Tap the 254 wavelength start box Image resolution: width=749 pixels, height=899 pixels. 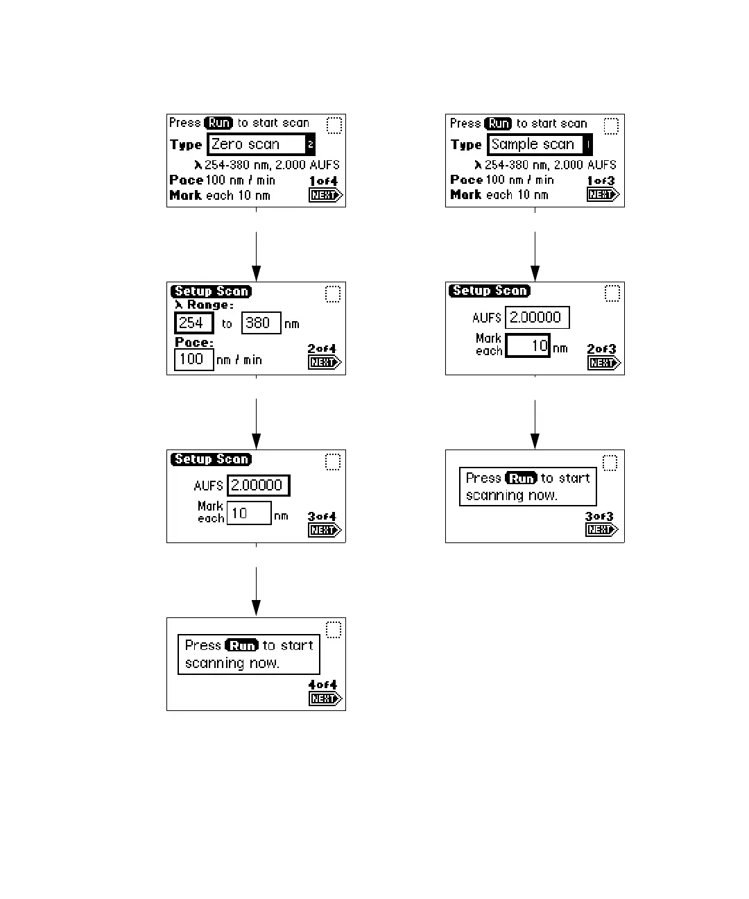click(193, 323)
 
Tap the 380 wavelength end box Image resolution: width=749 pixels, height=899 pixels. click(261, 323)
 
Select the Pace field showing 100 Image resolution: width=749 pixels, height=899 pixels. click(193, 359)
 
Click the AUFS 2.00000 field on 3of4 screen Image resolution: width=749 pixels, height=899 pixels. click(258, 486)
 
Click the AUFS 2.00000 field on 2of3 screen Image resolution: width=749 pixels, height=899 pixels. click(537, 318)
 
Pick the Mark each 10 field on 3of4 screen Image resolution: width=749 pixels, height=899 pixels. click(248, 513)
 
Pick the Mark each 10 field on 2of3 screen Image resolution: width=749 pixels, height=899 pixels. click(527, 345)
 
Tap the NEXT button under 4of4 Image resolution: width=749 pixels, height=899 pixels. click(325, 699)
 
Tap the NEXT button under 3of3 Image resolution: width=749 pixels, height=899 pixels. click(601, 530)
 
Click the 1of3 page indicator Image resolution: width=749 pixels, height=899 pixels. click(601, 181)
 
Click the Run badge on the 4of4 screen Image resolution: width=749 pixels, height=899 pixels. click(242, 645)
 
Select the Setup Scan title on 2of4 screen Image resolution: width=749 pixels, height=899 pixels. click(211, 291)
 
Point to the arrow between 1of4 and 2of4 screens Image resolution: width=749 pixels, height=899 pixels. click(256, 257)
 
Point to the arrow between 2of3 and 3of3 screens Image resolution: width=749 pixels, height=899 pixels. click(535, 425)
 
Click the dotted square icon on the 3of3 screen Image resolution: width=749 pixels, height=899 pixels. click(610, 463)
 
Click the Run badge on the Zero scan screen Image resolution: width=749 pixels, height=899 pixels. click(219, 123)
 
